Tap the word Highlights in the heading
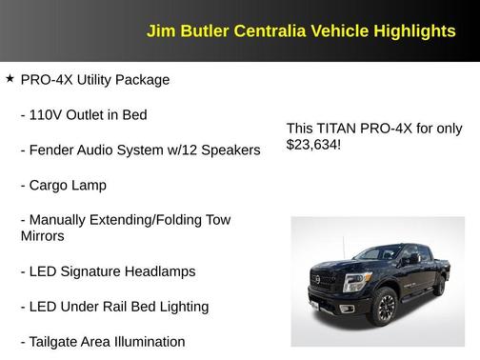point(410,30)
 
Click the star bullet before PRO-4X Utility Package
point(10,78)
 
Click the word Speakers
point(229,150)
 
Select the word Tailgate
point(59,342)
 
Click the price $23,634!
point(313,145)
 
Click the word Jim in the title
point(160,30)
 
